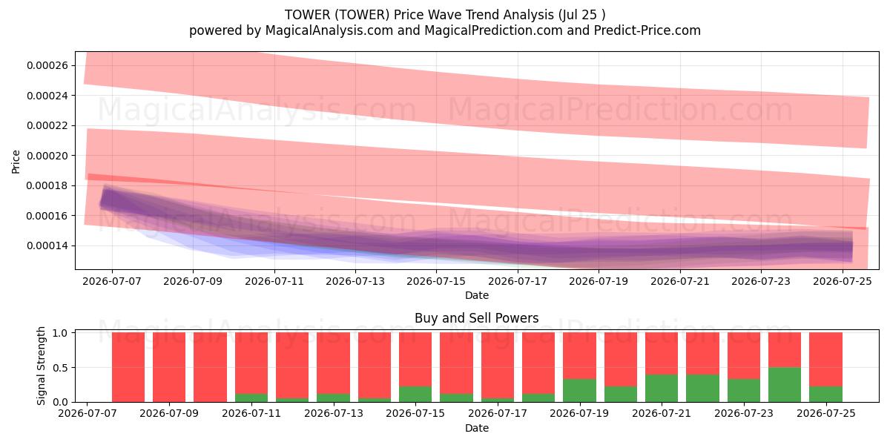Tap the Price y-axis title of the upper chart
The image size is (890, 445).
[16, 162]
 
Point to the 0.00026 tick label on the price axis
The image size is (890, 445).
[47, 65]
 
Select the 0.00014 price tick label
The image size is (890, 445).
[47, 246]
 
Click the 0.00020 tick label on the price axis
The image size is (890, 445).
[47, 156]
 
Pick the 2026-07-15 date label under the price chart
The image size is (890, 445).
[436, 281]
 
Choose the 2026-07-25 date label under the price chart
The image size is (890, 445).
[843, 281]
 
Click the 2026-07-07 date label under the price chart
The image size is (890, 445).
[112, 281]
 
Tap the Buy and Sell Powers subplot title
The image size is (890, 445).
[477, 318]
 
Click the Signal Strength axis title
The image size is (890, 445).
[41, 366]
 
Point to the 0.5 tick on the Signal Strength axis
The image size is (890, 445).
[60, 368]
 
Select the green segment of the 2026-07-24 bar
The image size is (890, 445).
[785, 385]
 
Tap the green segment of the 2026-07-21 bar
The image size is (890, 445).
[662, 388]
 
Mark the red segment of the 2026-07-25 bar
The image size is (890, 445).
[825, 360]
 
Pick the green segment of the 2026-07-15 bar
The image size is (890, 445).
[415, 394]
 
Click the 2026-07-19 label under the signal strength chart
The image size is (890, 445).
[579, 413]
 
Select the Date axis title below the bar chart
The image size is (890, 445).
[477, 428]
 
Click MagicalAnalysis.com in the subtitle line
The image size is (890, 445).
[329, 30]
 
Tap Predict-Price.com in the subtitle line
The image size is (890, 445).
[647, 30]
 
